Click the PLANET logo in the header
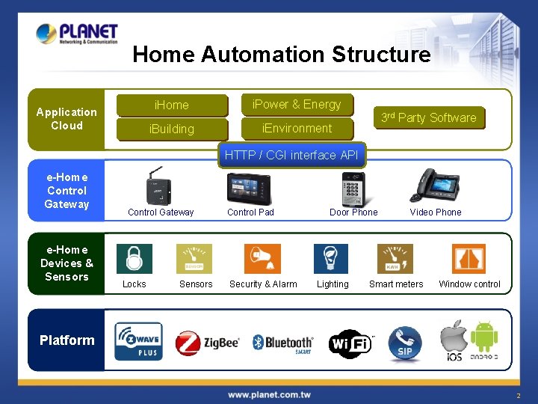77,34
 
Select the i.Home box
172,105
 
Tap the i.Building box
172,129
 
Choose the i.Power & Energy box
297,105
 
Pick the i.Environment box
297,128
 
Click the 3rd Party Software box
428,117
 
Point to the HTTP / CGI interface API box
291,155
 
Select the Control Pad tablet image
250,188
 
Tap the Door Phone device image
353,188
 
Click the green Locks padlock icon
134,259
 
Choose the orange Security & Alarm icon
262,259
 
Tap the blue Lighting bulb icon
331,259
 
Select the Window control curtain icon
469,259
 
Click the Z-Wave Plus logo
138,342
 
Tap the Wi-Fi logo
350,343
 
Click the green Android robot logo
484,336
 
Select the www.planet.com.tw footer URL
269,394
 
